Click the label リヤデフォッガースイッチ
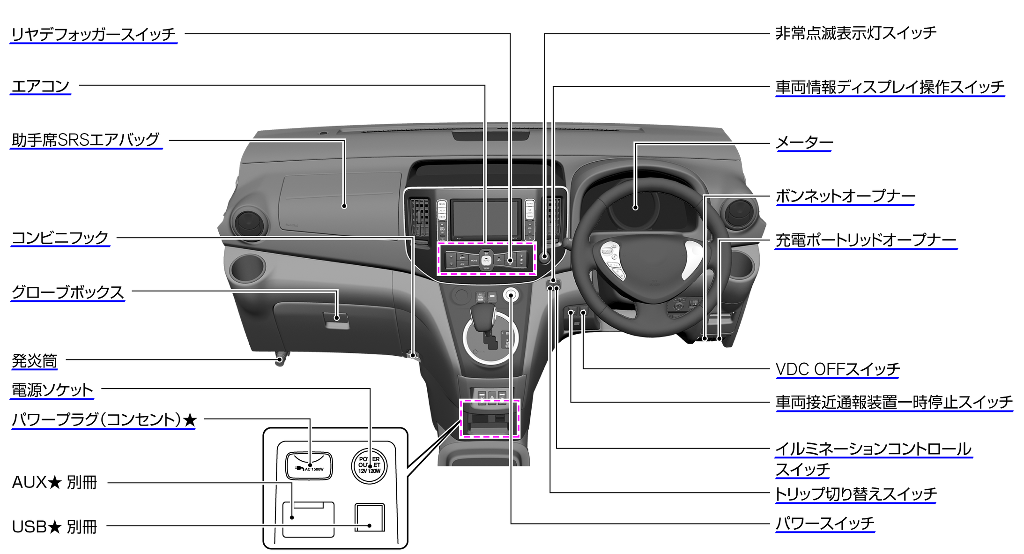pos(93,34)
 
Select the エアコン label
pos(40,86)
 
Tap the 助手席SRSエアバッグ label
pos(86,140)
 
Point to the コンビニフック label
pos(60,238)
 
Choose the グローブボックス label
pos(67,292)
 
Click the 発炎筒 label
pos(34,361)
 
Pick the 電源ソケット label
pos(52,390)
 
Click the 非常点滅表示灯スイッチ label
pos(856,33)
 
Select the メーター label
pos(804,142)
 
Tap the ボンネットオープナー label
pos(845,196)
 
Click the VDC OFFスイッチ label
pos(837,369)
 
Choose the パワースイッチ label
pos(825,523)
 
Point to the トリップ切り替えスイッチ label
pos(855,494)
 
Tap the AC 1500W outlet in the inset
pos(309,465)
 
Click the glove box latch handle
pos(336,319)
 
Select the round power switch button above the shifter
pos(511,295)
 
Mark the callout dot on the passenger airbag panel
pos(344,206)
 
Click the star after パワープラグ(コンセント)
pos(190,420)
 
